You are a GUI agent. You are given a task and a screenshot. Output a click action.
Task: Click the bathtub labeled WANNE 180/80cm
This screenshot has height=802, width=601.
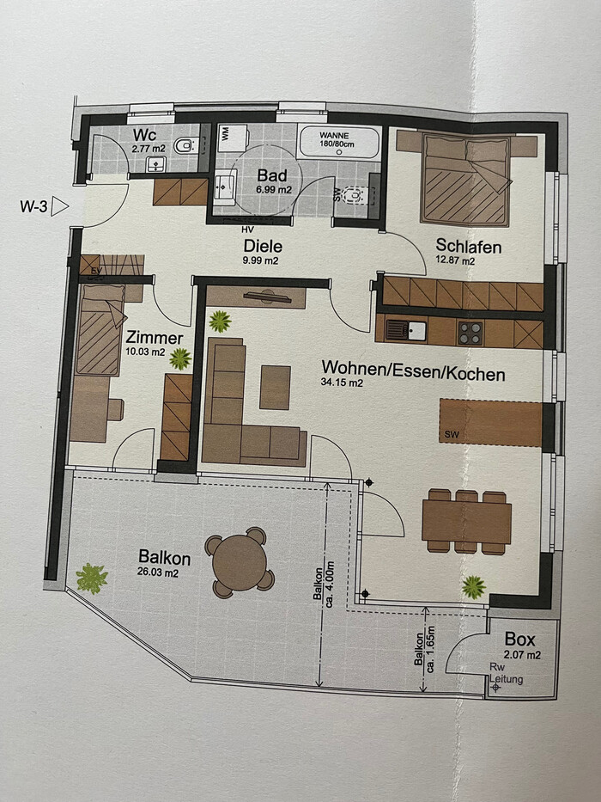(339, 141)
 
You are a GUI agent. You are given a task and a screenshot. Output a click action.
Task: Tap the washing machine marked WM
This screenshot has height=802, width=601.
(233, 137)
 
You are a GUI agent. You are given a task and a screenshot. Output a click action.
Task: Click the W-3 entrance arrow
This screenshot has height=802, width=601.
(61, 206)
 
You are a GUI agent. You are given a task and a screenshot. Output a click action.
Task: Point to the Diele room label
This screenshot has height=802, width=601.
(263, 246)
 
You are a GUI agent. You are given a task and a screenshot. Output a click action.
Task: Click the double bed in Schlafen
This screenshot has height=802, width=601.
(465, 180)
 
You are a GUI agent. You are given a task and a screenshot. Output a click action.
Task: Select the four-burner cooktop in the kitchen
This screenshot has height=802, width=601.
(470, 333)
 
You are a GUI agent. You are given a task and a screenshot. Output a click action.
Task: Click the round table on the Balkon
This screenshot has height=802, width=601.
(240, 562)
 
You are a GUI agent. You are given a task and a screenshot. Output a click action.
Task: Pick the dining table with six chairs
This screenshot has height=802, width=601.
(466, 521)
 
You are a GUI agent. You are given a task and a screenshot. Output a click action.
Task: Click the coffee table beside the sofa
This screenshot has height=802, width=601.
(275, 387)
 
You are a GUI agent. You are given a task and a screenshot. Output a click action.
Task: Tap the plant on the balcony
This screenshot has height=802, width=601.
(92, 578)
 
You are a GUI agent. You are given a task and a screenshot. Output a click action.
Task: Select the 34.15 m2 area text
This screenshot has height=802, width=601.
(342, 383)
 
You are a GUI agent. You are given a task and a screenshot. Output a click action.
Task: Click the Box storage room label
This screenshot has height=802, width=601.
(520, 639)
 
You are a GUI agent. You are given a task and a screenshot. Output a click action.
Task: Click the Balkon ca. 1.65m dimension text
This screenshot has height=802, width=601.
(425, 648)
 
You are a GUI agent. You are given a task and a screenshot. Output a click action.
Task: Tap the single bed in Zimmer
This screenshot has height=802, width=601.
(100, 329)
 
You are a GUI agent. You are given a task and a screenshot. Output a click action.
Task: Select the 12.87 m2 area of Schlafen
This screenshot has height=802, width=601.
(455, 260)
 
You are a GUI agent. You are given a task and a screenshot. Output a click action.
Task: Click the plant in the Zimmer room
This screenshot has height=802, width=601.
(180, 358)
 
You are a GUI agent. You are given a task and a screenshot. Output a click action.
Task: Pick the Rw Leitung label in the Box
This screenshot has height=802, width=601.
(506, 674)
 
